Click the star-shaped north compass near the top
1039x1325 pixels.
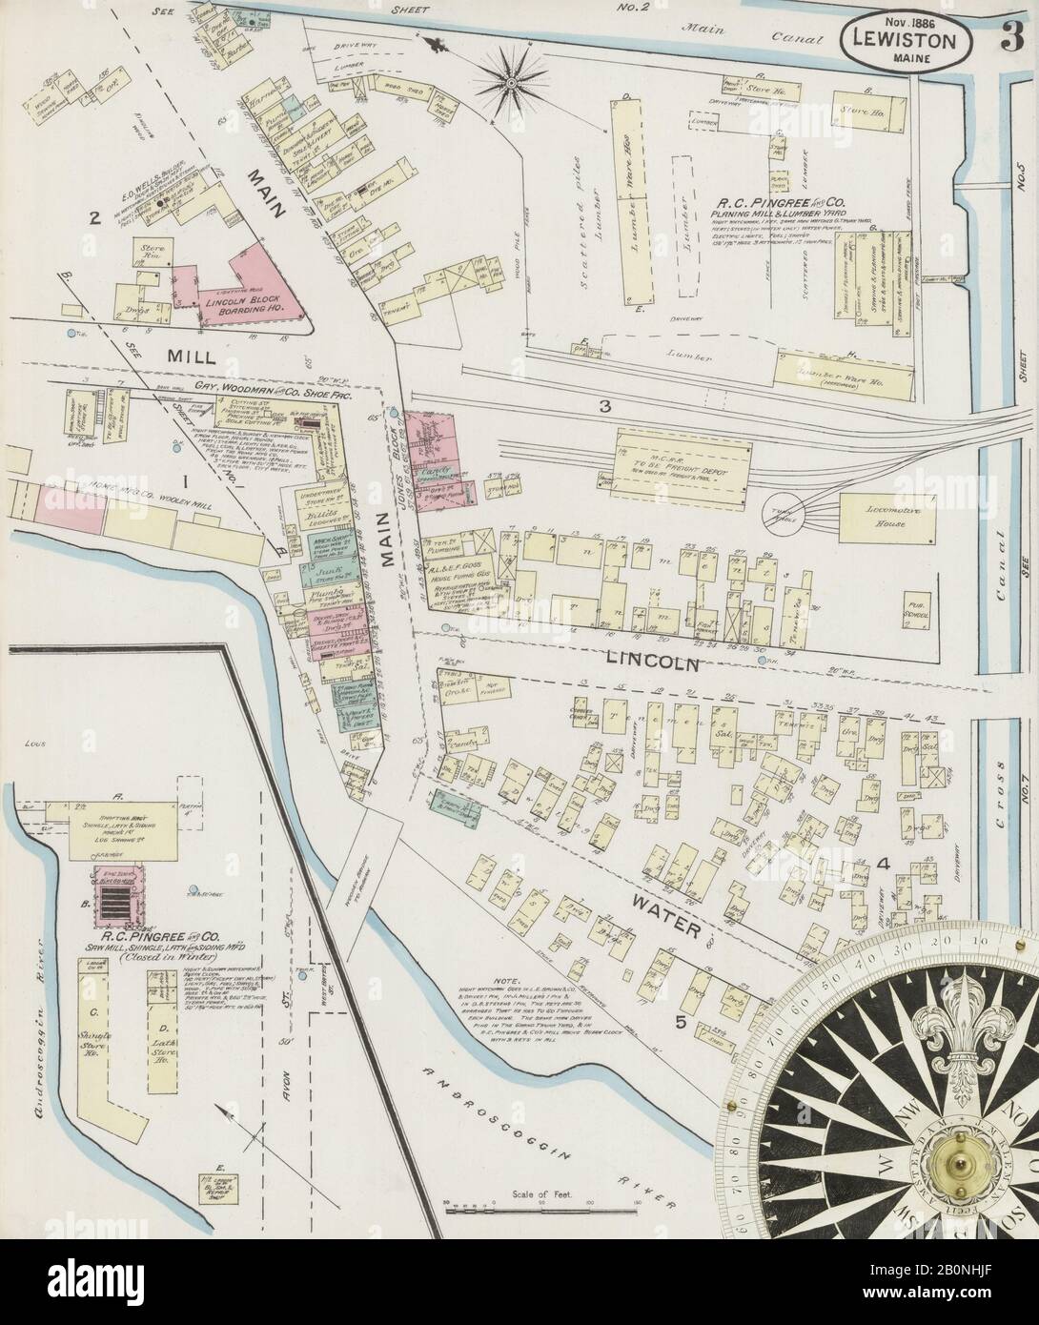pyautogui.click(x=511, y=83)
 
